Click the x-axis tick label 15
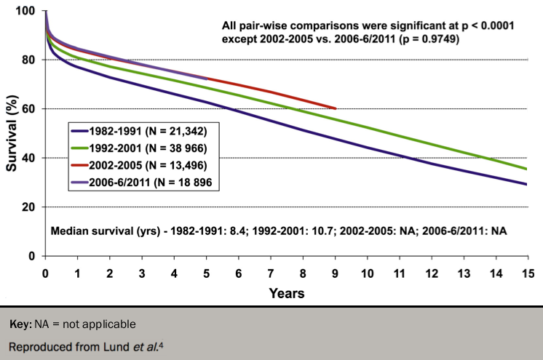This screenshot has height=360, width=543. (526, 273)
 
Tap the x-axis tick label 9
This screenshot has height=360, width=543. (334, 273)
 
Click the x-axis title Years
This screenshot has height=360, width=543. (286, 293)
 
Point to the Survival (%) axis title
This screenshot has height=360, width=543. (11, 135)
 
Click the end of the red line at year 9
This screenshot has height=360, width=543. (335, 109)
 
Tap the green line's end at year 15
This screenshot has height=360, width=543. (526, 169)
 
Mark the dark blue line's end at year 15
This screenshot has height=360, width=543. (526, 184)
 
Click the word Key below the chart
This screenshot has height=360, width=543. (20, 322)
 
